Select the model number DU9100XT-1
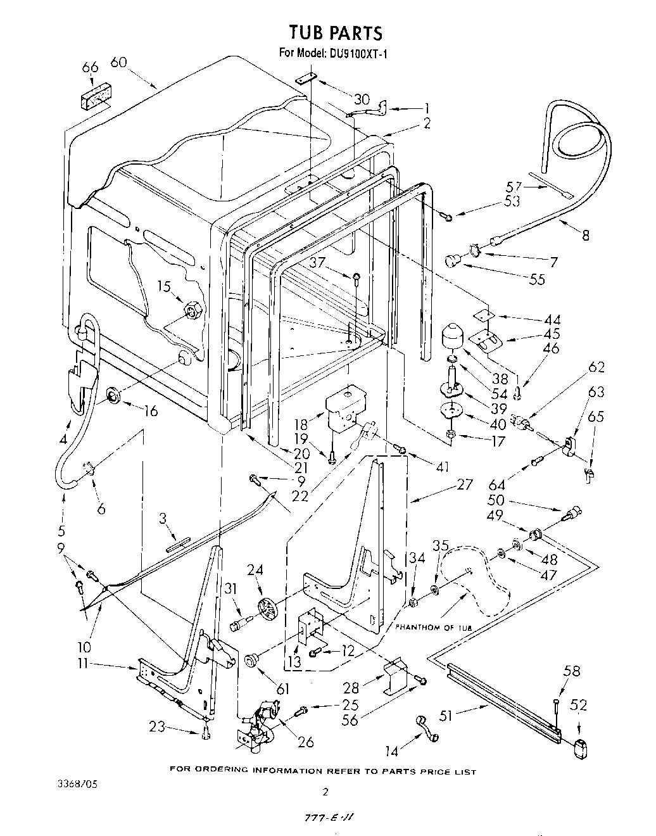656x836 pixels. coord(358,54)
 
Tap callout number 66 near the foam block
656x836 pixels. coord(91,68)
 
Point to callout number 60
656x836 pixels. coord(119,62)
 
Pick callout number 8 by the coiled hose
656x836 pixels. coord(585,235)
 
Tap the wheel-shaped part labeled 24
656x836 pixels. coord(268,611)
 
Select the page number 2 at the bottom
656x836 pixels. coord(325,791)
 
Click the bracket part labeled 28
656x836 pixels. coord(396,675)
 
